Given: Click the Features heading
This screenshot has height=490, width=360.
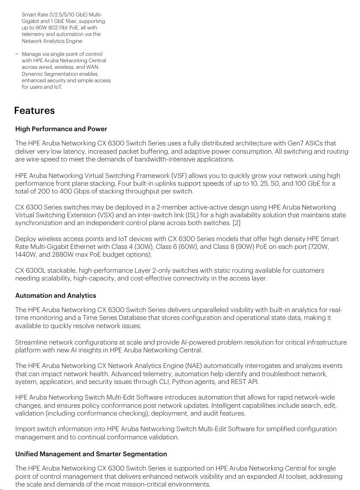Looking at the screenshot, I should (x=34, y=110).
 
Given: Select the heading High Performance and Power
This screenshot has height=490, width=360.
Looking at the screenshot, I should (x=61, y=129).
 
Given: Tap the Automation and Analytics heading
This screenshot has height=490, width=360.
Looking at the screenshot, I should (x=55, y=296).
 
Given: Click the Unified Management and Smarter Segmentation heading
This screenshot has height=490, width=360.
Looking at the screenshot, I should (x=91, y=454).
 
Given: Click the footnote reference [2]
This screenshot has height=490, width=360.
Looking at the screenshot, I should (x=236, y=223).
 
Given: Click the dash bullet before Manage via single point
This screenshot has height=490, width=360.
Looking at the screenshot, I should (x=17, y=54).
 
